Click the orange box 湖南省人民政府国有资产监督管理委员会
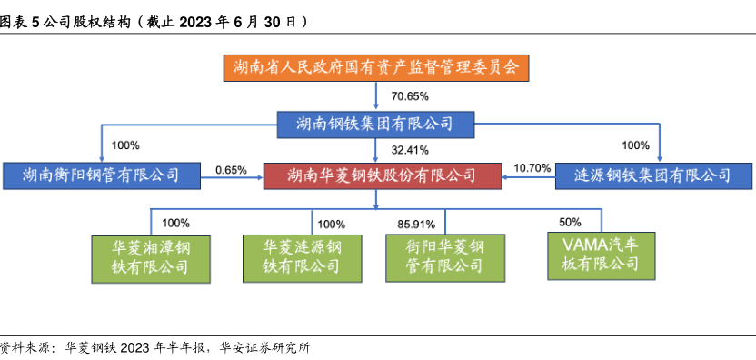[x=376, y=67]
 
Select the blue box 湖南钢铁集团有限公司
[x=375, y=125]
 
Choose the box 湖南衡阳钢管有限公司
[x=101, y=175]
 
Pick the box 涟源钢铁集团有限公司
[x=652, y=175]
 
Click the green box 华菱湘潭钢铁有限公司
[x=151, y=259]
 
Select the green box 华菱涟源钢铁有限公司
[x=303, y=259]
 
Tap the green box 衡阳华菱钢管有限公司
[x=445, y=258]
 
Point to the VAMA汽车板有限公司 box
[x=602, y=255]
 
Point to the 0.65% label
[x=232, y=170]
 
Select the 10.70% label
[x=532, y=168]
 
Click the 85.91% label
[x=416, y=225]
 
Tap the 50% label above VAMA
[x=570, y=223]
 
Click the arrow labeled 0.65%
[x=231, y=177]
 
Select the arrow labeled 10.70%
[x=528, y=177]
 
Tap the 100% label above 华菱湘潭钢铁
[x=175, y=223]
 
